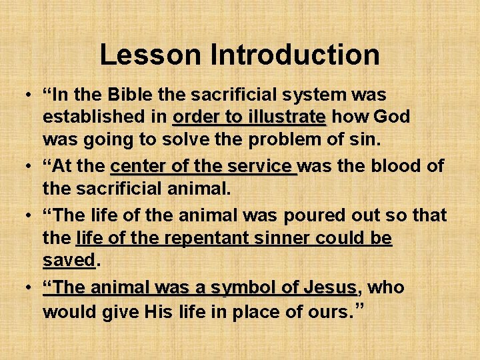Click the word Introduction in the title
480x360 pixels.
pyautogui.click(x=295, y=55)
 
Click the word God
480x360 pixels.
pyautogui.click(x=392, y=117)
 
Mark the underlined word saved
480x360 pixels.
pyautogui.click(x=69, y=261)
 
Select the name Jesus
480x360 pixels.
pyautogui.click(x=329, y=287)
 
